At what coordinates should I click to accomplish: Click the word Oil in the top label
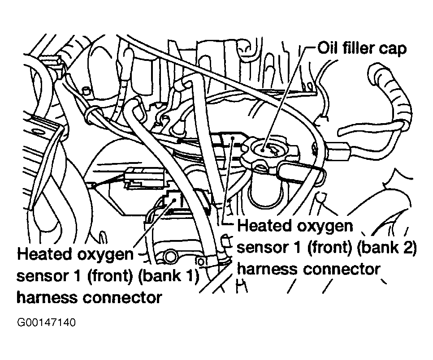[x=329, y=48]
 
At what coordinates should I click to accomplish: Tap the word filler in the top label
[x=359, y=48]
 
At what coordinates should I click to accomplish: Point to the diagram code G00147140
[x=46, y=322]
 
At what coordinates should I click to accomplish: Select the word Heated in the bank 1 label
[x=44, y=254]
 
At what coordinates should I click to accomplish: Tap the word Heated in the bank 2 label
[x=264, y=225]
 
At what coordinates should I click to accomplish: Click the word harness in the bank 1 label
[x=47, y=297]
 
